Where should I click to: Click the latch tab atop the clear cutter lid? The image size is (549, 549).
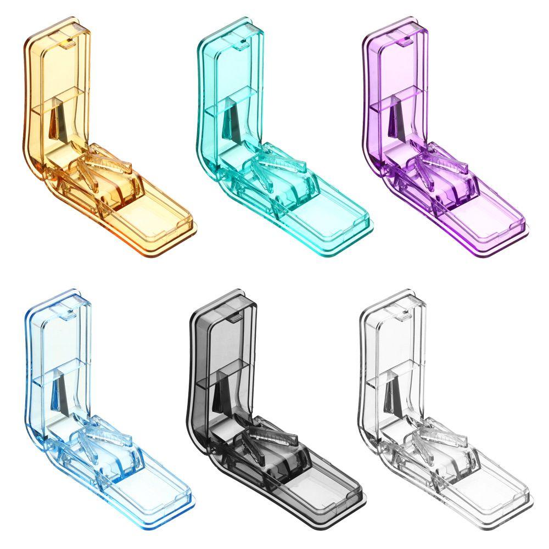click(404, 314)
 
